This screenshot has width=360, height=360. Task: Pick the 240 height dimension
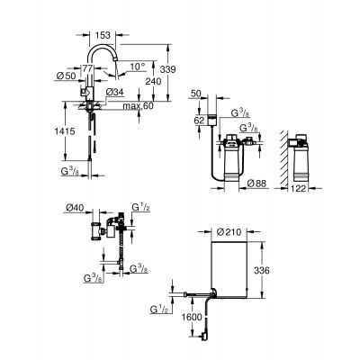[x=156, y=81]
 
